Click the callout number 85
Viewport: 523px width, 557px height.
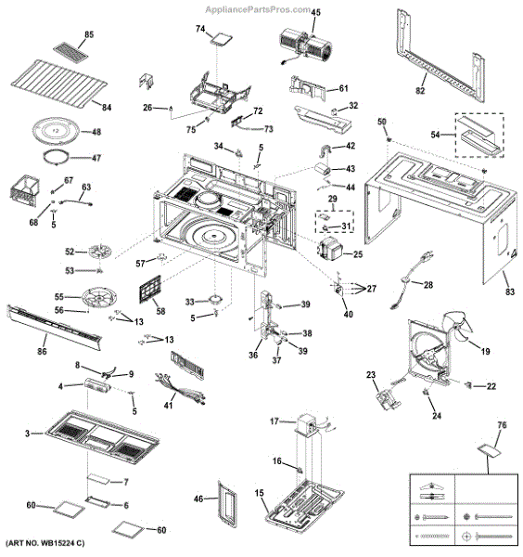pyautogui.click(x=89, y=34)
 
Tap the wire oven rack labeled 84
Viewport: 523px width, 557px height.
pyautogui.click(x=57, y=83)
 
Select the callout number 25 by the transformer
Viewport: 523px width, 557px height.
pyautogui.click(x=358, y=253)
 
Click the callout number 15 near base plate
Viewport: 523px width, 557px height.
pyautogui.click(x=260, y=492)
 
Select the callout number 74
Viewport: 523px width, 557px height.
pyautogui.click(x=198, y=29)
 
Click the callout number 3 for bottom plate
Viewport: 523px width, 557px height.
pyautogui.click(x=29, y=433)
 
